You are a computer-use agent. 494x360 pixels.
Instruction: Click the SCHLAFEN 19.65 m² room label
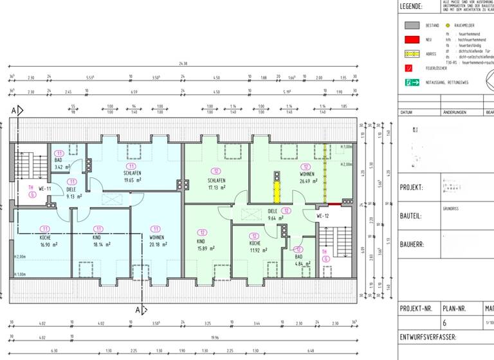pos(133,177)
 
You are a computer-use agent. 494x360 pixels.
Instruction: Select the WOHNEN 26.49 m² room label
pos(305,177)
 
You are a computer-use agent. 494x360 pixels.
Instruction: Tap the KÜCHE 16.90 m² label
pos(44,240)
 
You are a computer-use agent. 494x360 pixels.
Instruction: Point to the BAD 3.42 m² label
pos(59,163)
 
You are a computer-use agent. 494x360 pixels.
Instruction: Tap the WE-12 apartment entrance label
pos(323,216)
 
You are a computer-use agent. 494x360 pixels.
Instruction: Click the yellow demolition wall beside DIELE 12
pos(277,191)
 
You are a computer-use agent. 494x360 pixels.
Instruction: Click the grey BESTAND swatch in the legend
pos(412,26)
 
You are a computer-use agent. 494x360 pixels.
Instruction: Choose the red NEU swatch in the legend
pos(412,40)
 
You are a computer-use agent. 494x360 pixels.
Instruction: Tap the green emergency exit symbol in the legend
pos(412,82)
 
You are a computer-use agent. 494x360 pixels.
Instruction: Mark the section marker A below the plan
pos(138,310)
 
